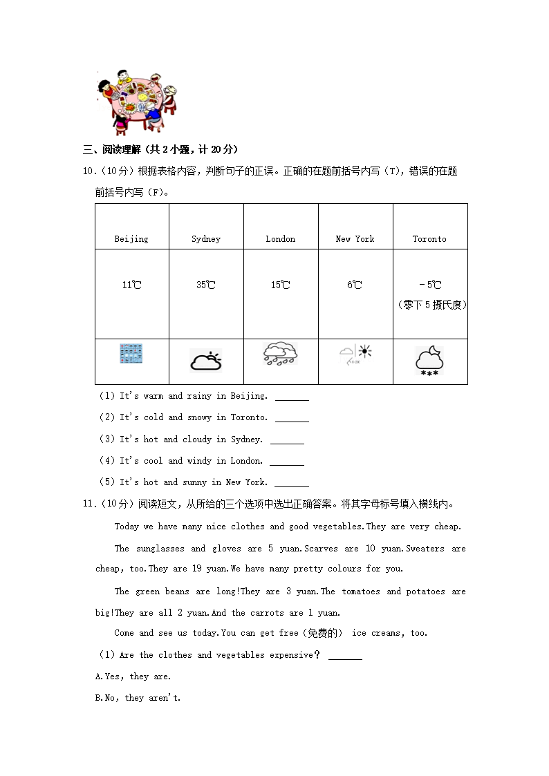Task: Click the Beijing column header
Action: point(131,239)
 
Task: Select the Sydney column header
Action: point(206,239)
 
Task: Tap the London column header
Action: point(281,239)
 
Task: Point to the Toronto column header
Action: point(429,239)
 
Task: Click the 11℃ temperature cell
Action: point(131,285)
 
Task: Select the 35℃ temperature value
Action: point(206,285)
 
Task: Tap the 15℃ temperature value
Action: point(281,285)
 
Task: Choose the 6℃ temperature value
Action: point(355,285)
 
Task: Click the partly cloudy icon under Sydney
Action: point(206,361)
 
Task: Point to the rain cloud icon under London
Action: point(281,354)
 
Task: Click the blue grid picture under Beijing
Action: point(131,354)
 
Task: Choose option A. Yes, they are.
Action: point(133,676)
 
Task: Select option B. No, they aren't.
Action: point(138,698)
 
